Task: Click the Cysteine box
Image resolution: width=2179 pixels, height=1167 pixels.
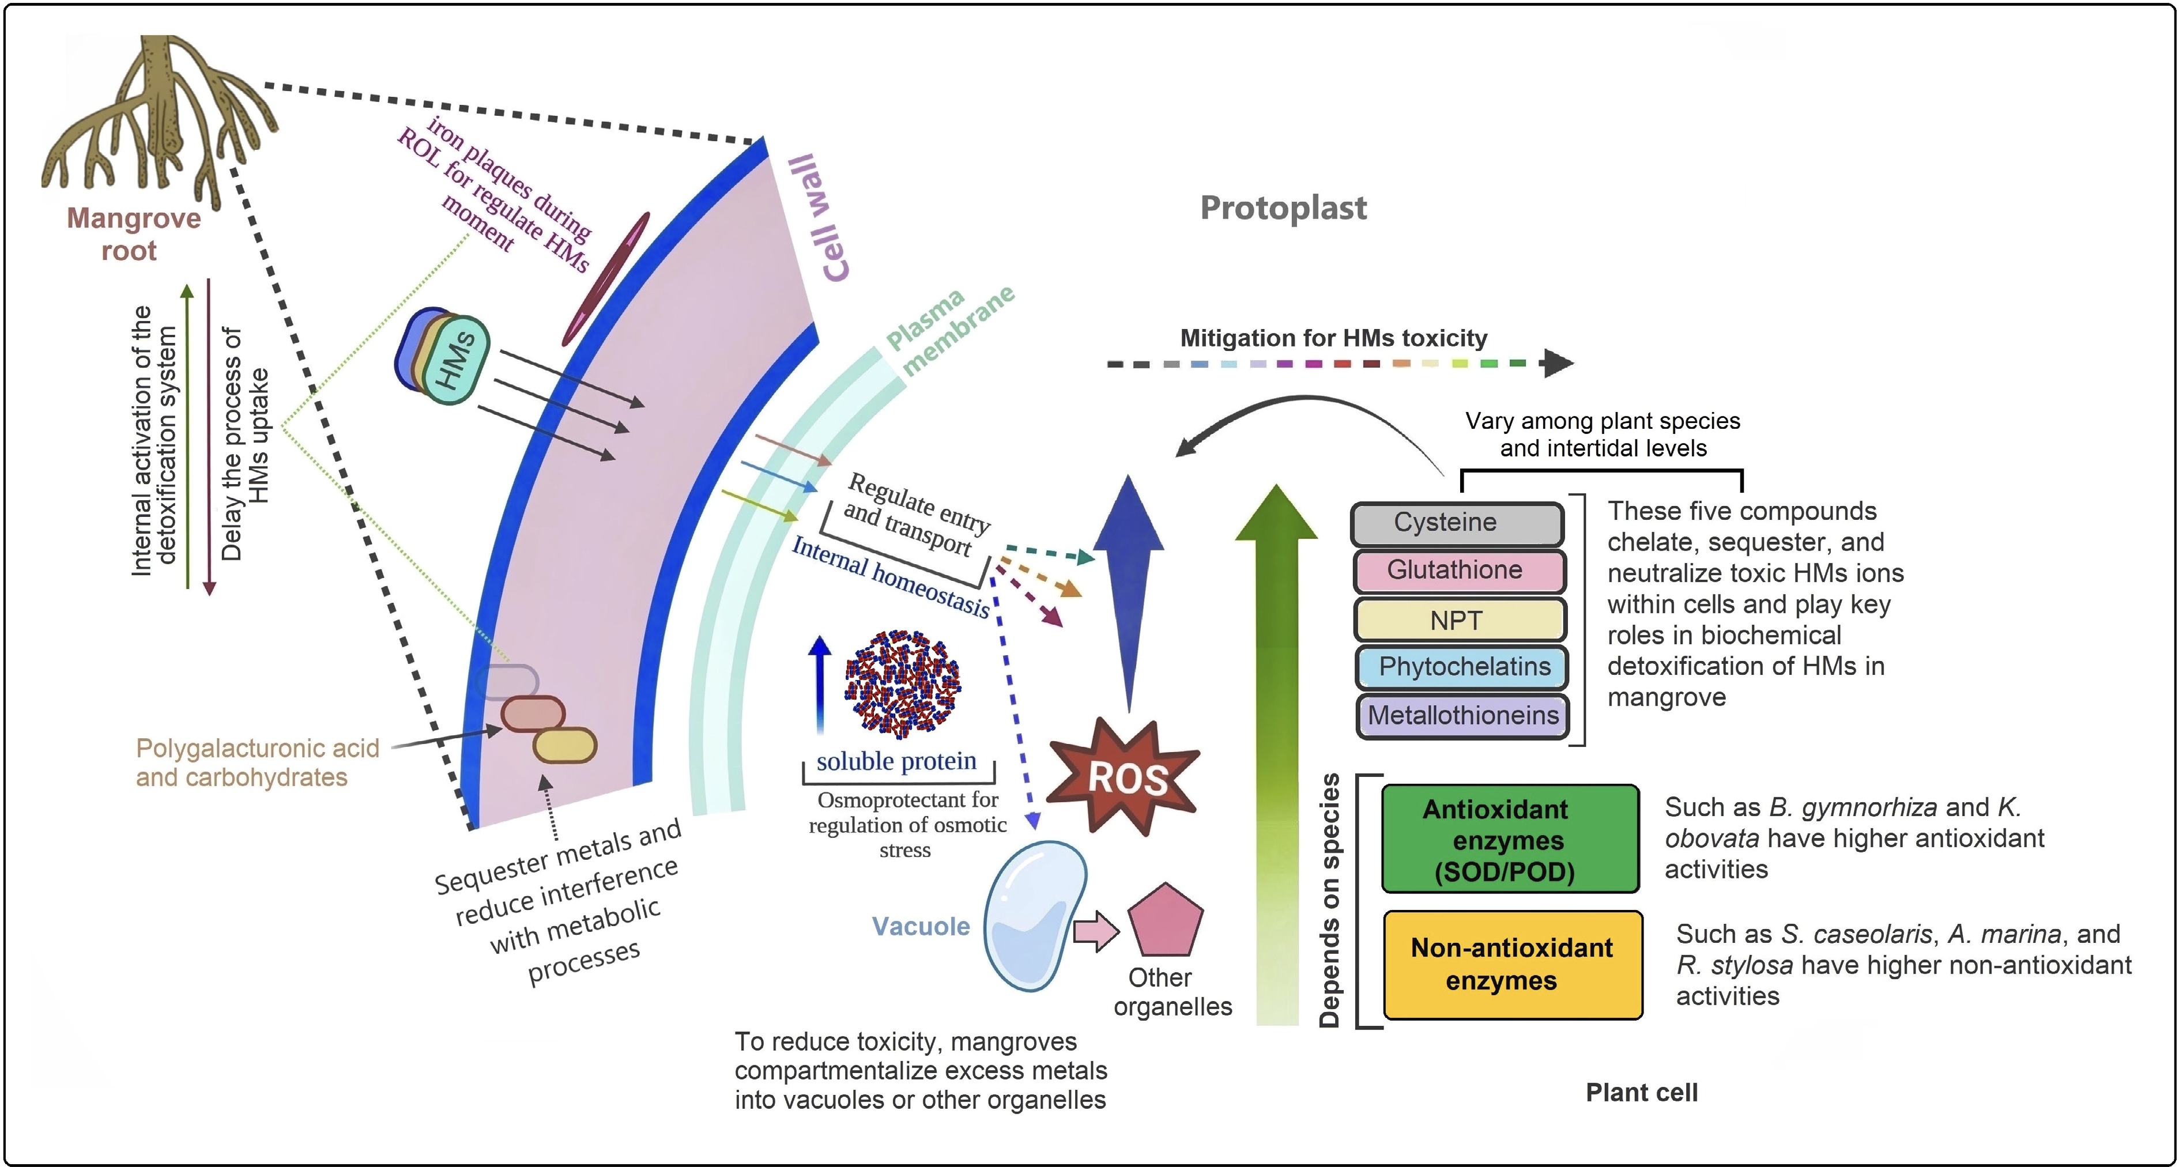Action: point(1457,523)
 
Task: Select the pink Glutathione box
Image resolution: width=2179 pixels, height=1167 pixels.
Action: point(1458,571)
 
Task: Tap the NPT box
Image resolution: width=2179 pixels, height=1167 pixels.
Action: point(1458,620)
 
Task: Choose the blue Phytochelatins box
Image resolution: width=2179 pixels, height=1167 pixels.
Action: point(1462,667)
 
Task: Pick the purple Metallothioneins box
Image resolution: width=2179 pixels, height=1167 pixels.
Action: point(1462,715)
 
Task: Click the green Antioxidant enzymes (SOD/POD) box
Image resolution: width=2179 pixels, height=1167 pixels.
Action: point(1510,839)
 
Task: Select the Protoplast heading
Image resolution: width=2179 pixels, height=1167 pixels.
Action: point(1283,208)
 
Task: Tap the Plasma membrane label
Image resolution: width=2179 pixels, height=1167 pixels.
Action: point(947,330)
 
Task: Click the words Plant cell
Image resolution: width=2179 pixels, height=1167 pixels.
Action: point(1641,1093)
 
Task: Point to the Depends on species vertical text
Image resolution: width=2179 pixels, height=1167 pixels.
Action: point(1330,901)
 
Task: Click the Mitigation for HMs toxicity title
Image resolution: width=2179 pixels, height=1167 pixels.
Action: point(1333,338)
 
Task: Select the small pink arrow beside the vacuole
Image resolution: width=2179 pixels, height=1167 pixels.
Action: point(1095,932)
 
